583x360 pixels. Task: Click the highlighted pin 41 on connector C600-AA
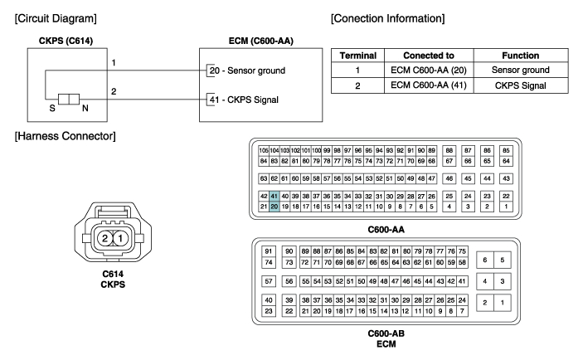pyautogui.click(x=274, y=196)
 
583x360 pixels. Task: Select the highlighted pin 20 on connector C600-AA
pyautogui.click(x=274, y=207)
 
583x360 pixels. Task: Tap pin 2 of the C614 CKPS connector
pyautogui.click(x=104, y=238)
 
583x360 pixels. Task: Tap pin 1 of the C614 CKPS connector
pyautogui.click(x=120, y=238)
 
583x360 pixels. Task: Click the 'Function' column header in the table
pyautogui.click(x=521, y=56)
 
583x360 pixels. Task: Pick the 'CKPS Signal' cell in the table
pyautogui.click(x=521, y=85)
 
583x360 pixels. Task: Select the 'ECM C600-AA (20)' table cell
pyautogui.click(x=429, y=70)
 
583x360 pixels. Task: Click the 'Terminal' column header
pyautogui.click(x=357, y=56)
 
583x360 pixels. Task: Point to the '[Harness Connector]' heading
pyautogui.click(x=65, y=136)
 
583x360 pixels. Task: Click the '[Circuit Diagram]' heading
pyautogui.click(x=56, y=18)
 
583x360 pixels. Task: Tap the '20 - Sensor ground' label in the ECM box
pyautogui.click(x=247, y=71)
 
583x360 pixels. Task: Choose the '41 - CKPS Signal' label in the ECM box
pyautogui.click(x=244, y=100)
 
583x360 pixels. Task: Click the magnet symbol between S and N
pyautogui.click(x=69, y=100)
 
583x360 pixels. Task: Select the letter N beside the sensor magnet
pyautogui.click(x=85, y=108)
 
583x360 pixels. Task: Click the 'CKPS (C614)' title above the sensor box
pyautogui.click(x=66, y=41)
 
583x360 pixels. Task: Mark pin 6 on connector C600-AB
pyautogui.click(x=485, y=260)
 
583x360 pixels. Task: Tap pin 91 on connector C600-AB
pyautogui.click(x=269, y=251)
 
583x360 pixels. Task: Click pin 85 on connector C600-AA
pyautogui.click(x=506, y=151)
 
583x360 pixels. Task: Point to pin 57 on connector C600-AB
pyautogui.click(x=269, y=281)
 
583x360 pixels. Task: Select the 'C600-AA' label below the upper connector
pyautogui.click(x=386, y=230)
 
